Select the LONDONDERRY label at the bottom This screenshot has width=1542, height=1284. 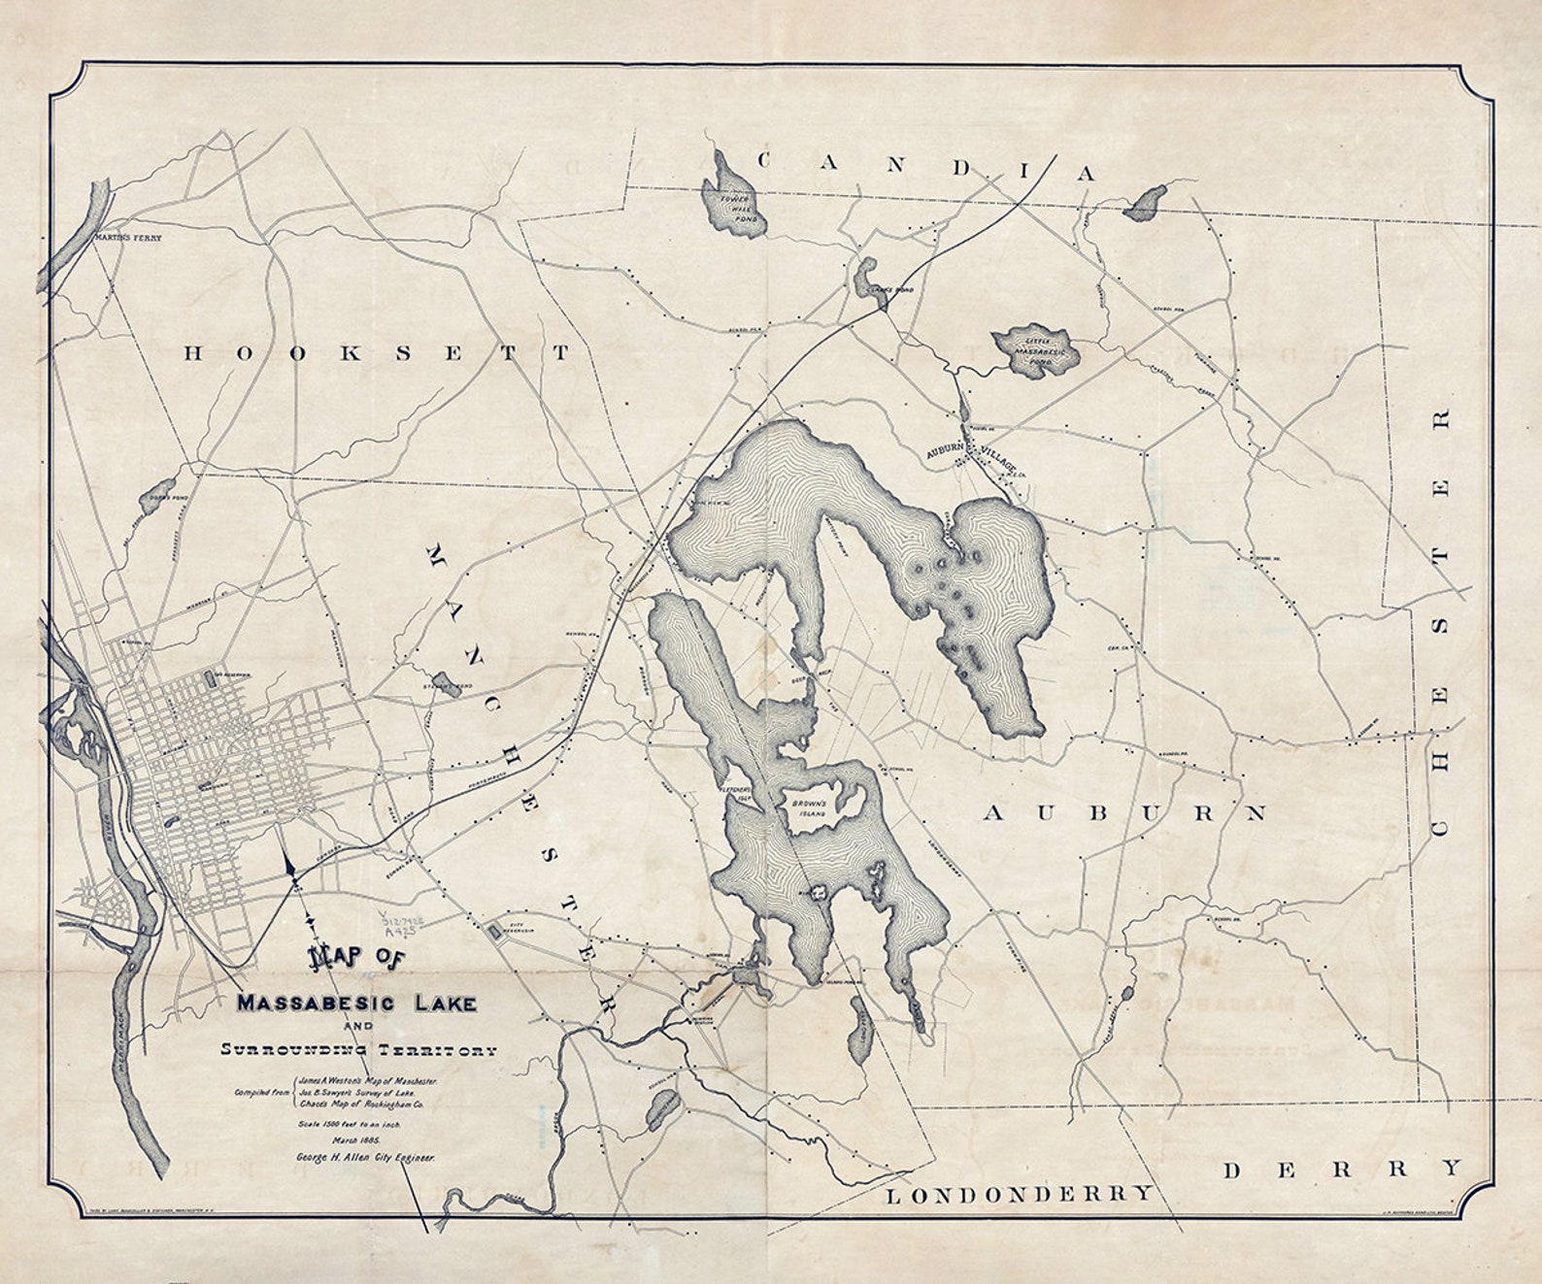pos(1021,1194)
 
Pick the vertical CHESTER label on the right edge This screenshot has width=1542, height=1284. pos(1440,621)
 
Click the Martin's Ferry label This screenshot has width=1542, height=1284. pos(127,237)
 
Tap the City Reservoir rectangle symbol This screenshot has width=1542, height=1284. pos(496,932)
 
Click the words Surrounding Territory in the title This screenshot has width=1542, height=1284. pos(358,1049)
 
